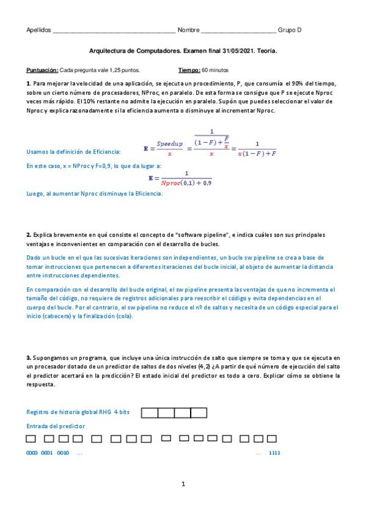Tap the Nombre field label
[188, 31]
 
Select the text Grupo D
[290, 31]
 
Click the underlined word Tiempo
[189, 70]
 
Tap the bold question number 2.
[29, 235]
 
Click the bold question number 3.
[29, 357]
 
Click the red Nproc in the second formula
[174, 182]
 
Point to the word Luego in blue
[35, 194]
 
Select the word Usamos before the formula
[38, 151]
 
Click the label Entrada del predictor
[56, 426]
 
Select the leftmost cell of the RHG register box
[150, 413]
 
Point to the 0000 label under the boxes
[32, 453]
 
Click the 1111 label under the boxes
[274, 453]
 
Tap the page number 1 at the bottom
[183, 484]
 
